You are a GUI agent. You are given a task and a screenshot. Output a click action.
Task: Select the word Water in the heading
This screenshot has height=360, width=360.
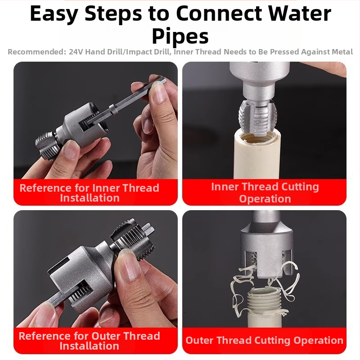click(x=300, y=13)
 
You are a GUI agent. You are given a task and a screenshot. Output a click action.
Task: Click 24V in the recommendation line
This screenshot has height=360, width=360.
click(x=76, y=52)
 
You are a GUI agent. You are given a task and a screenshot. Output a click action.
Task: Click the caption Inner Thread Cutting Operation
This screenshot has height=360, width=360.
click(x=265, y=193)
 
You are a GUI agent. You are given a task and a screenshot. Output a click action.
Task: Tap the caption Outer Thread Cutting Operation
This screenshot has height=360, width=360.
click(x=264, y=340)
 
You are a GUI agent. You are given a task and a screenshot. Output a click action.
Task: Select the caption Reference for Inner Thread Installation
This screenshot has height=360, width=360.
click(x=90, y=193)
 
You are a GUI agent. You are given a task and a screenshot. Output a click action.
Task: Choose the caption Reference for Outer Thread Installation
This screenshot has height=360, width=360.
click(x=89, y=341)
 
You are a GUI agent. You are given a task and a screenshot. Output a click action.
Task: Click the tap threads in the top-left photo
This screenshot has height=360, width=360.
click(x=46, y=144)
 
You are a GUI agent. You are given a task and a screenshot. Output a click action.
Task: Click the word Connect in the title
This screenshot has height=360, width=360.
click(x=219, y=13)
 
